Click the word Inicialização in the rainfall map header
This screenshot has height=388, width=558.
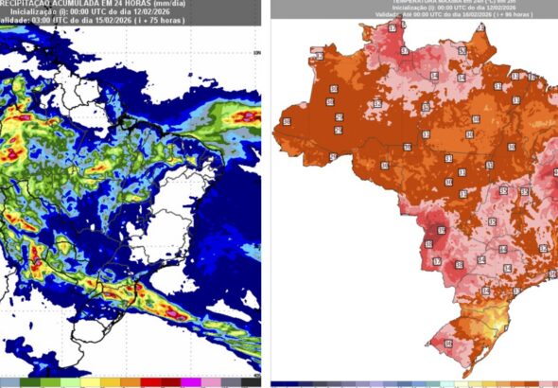(x=29, y=12)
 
